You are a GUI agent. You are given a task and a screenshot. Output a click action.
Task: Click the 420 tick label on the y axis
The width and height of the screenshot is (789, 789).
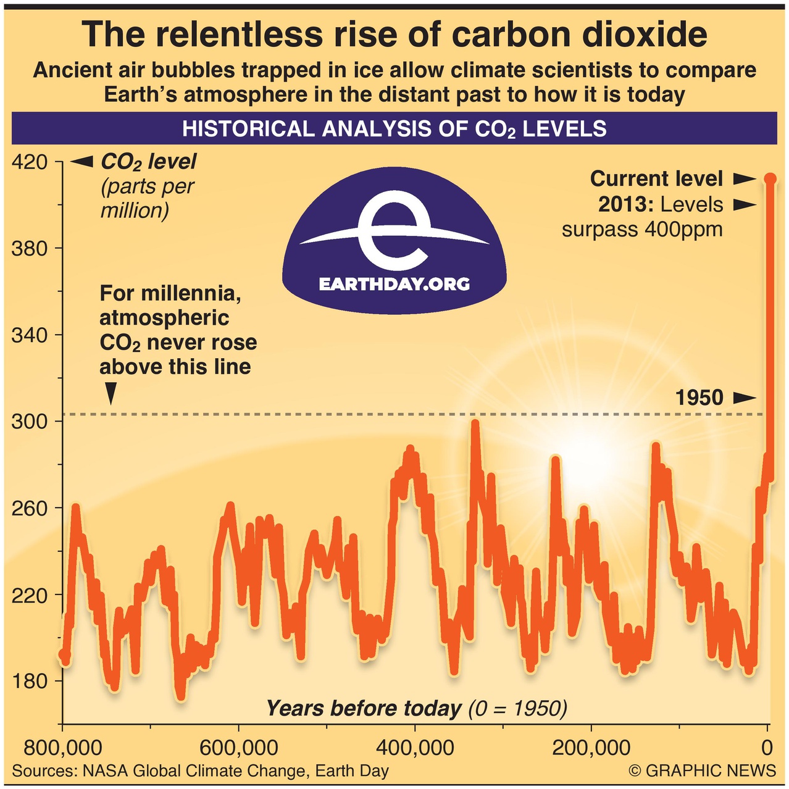pyautogui.click(x=30, y=162)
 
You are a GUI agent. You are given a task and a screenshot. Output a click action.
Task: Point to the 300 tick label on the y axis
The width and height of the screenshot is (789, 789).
pyautogui.click(x=30, y=422)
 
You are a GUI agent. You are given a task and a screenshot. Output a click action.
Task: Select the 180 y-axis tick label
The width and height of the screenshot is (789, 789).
pyautogui.click(x=30, y=682)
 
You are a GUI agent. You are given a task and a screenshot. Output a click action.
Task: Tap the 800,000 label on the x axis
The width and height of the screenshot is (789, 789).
pyautogui.click(x=62, y=748)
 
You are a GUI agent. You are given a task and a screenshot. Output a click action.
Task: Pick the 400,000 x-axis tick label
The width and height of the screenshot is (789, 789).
pyautogui.click(x=415, y=748)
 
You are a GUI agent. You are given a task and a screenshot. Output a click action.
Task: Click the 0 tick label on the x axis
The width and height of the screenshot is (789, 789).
pyautogui.click(x=767, y=748)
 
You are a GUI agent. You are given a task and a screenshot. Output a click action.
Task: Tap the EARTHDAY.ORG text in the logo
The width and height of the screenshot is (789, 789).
pyautogui.click(x=394, y=284)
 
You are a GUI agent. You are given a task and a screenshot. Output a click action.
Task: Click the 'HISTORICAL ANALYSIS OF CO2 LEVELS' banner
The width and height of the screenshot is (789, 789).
pyautogui.click(x=394, y=128)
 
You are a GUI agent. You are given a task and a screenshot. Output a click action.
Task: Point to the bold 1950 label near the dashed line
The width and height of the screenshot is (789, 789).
pyautogui.click(x=699, y=398)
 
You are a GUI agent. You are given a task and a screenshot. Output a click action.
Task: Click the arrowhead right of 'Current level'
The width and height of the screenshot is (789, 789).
pyautogui.click(x=744, y=179)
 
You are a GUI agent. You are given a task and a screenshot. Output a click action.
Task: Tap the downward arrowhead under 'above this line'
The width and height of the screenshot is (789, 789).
pyautogui.click(x=111, y=393)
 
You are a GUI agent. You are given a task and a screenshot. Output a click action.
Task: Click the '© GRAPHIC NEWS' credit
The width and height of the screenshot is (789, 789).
pyautogui.click(x=702, y=770)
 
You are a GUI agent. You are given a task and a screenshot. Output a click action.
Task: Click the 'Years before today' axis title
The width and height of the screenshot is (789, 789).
pyautogui.click(x=364, y=708)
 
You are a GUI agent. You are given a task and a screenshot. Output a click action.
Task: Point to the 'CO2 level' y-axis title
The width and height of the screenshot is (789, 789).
pyautogui.click(x=148, y=162)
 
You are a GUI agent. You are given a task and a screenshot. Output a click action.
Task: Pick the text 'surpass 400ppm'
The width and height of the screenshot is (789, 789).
pyautogui.click(x=642, y=230)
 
